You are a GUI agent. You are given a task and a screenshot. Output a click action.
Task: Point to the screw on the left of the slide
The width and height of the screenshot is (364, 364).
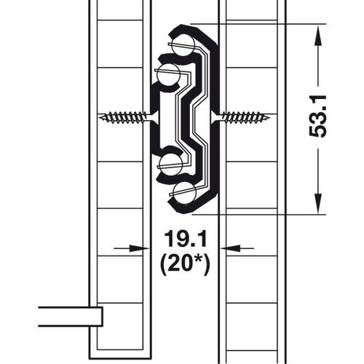click(124, 117)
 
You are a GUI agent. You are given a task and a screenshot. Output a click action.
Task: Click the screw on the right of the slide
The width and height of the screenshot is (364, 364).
click(245, 117)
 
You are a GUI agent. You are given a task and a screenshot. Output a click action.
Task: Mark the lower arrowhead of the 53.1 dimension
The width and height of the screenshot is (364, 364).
click(317, 207)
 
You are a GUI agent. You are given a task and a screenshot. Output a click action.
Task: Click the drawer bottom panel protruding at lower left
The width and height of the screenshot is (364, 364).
click(69, 317)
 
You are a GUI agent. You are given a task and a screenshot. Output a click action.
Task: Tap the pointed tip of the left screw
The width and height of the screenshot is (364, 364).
click(99, 117)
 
